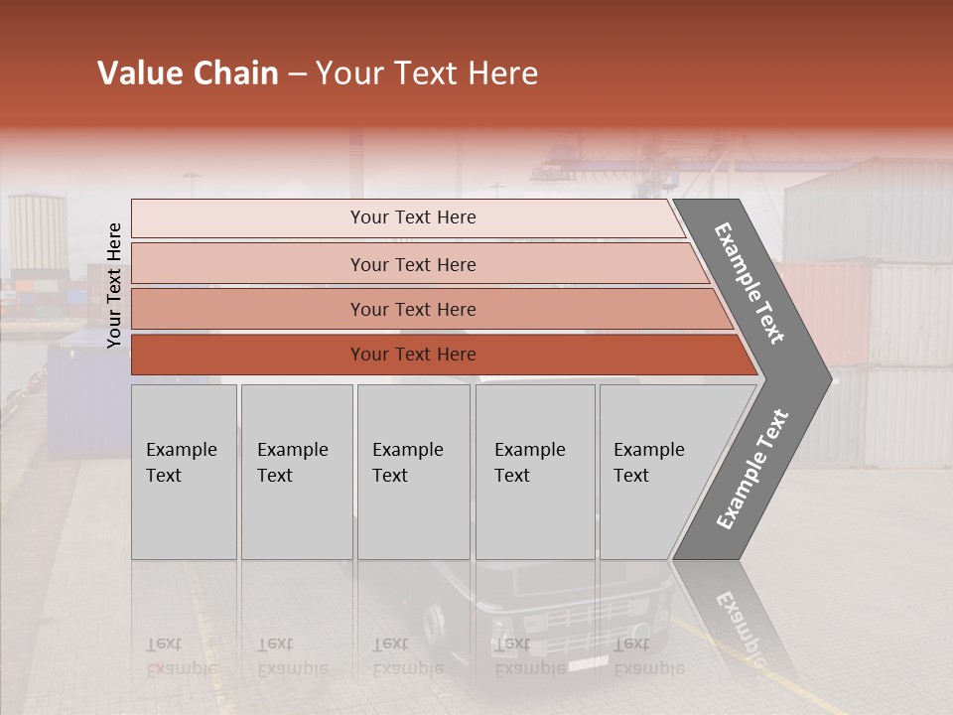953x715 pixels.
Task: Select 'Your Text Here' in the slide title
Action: (427, 73)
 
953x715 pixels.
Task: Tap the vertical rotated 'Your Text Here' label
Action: (114, 285)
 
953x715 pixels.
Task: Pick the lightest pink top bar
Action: (407, 217)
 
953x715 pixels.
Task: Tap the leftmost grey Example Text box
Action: (184, 471)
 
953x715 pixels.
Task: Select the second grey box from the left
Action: (296, 471)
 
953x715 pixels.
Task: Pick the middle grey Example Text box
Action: (413, 471)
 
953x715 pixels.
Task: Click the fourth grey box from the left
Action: (534, 471)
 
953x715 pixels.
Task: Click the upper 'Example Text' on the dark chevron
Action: (749, 283)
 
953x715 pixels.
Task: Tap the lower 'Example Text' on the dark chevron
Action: (751, 469)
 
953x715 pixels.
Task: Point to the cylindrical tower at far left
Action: (38, 233)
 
